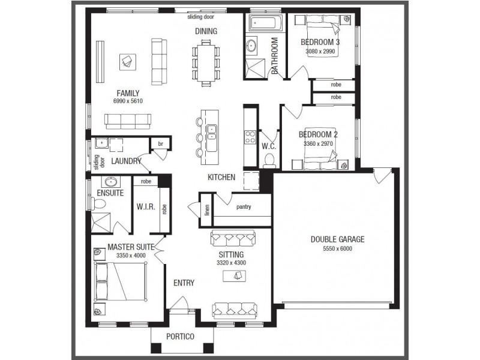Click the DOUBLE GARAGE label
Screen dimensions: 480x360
click(x=337, y=239)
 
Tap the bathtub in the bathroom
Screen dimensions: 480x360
click(x=263, y=23)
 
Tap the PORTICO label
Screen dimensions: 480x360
click(x=180, y=337)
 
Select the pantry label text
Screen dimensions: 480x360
click(x=244, y=207)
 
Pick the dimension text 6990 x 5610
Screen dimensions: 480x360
click(x=127, y=101)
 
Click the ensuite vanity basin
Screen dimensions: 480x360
click(x=110, y=182)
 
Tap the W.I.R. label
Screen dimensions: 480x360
click(x=146, y=207)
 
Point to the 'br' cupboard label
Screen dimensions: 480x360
click(x=160, y=144)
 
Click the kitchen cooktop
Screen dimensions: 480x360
click(x=249, y=139)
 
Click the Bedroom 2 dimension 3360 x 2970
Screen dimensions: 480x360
click(x=318, y=144)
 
